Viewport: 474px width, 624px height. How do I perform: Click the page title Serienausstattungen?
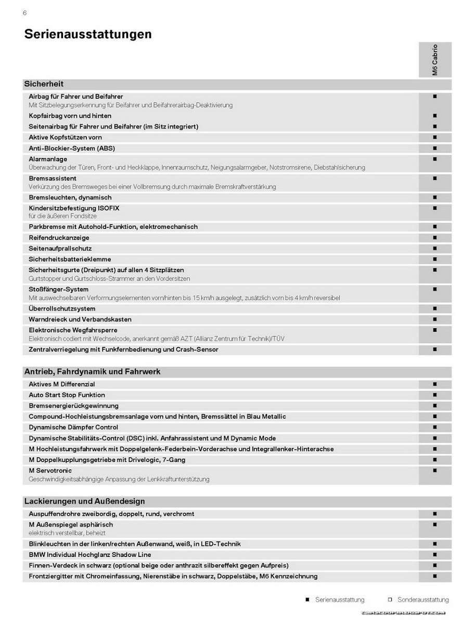pyautogui.click(x=88, y=34)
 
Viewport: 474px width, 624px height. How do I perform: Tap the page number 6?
pyautogui.click(x=24, y=13)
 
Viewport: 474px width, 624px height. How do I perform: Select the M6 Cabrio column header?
pyautogui.click(x=435, y=60)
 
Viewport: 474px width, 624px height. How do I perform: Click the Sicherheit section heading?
pyautogui.click(x=44, y=84)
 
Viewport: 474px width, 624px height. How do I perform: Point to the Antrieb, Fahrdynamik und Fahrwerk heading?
pyautogui.click(x=92, y=372)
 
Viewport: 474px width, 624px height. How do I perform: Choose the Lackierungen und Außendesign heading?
pyautogui.click(x=84, y=502)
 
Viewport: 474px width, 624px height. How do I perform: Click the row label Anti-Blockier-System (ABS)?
pyautogui.click(x=72, y=148)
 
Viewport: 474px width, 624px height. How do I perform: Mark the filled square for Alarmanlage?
pyautogui.click(x=434, y=159)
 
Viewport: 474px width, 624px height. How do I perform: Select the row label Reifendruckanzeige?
pyautogui.click(x=59, y=238)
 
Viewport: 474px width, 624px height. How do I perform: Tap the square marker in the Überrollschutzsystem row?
pyautogui.click(x=434, y=308)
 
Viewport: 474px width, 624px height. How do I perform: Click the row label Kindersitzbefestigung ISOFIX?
pyautogui.click(x=74, y=208)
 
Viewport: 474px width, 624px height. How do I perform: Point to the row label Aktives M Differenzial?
pyautogui.click(x=62, y=384)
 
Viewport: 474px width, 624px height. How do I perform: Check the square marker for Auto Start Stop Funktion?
pyautogui.click(x=434, y=395)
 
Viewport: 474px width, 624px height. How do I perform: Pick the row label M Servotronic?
pyautogui.click(x=50, y=471)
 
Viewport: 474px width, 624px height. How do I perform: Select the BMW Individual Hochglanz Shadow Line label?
pyautogui.click(x=90, y=555)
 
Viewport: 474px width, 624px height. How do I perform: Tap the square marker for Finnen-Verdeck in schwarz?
pyautogui.click(x=434, y=565)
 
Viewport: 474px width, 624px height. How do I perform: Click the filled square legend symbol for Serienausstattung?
pyautogui.click(x=308, y=600)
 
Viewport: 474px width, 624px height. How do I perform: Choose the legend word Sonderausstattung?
pyautogui.click(x=423, y=600)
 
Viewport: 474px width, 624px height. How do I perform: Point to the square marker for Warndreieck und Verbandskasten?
pyautogui.click(x=434, y=319)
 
